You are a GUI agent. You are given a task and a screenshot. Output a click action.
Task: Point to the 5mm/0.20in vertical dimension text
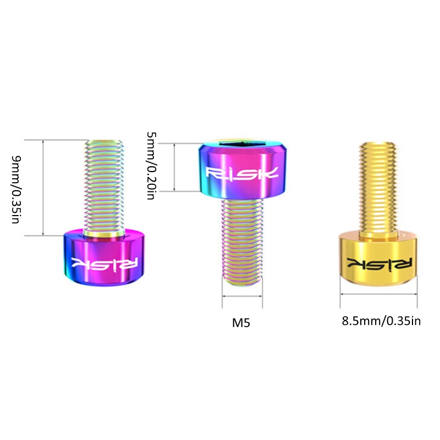pos(152,167)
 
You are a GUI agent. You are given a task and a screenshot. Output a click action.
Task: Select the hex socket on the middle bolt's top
pos(243,145)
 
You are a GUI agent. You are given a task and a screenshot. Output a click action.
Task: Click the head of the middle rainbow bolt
pos(242,170)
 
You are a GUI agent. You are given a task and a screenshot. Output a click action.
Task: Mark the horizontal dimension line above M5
pos(242,297)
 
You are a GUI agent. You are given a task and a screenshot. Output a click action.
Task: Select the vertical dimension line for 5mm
pos(175,167)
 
